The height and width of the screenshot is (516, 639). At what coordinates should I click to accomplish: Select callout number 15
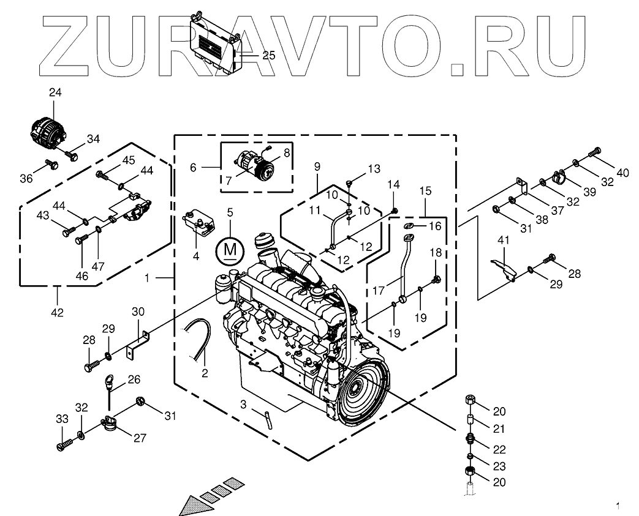click(425, 192)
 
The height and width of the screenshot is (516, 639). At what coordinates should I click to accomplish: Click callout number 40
click(622, 173)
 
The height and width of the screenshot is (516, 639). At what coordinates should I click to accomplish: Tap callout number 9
click(317, 166)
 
